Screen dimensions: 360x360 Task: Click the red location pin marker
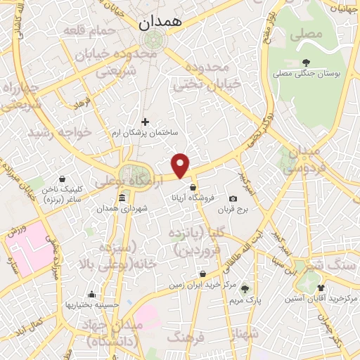(181, 165)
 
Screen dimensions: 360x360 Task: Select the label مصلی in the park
(310, 34)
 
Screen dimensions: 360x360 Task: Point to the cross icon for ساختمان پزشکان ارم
(145, 122)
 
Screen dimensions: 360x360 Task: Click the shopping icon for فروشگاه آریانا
(192, 187)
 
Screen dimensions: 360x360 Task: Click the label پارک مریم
(245, 300)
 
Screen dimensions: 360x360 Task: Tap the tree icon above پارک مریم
(245, 288)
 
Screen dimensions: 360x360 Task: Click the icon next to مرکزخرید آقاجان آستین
(321, 288)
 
